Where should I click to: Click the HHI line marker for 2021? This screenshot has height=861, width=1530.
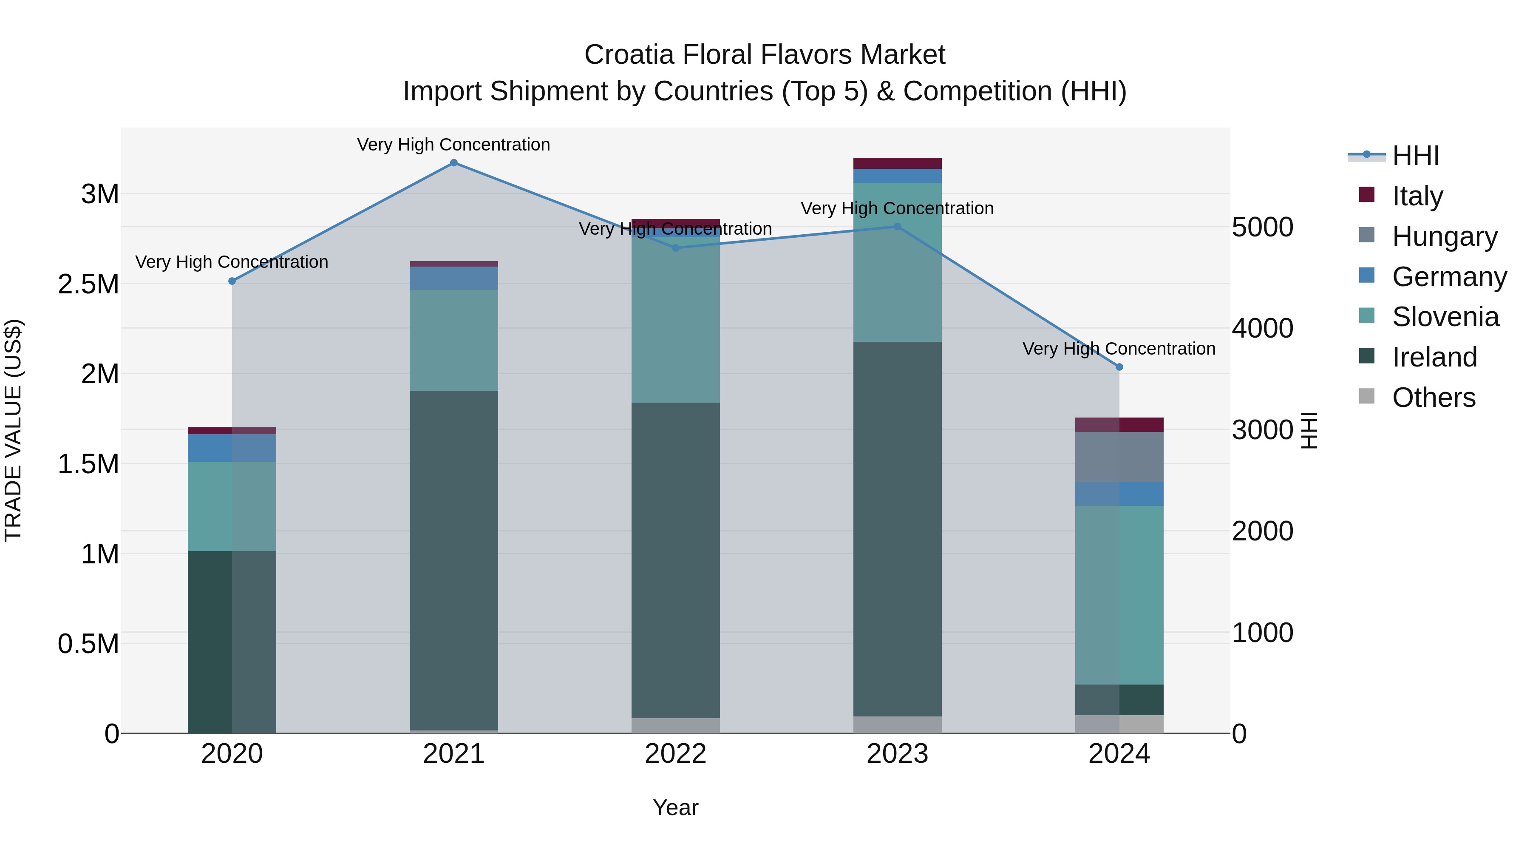454,163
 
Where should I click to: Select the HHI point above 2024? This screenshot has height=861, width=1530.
1119,367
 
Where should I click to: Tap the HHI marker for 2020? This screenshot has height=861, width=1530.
232,281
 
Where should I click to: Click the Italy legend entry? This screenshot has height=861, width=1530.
1417,196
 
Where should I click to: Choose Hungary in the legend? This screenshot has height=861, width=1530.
1445,236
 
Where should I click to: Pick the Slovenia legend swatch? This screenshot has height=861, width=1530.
1367,315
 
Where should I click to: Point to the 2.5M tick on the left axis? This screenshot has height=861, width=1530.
88,284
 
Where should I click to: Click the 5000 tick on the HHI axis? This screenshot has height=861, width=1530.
1262,227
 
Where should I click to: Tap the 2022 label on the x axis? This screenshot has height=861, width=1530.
675,753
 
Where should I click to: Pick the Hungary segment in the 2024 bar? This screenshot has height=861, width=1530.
1119,457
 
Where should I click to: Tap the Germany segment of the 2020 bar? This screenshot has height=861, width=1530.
232,448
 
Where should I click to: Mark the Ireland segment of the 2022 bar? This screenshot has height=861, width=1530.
675,560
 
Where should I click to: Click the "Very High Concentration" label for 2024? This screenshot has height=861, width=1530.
1119,349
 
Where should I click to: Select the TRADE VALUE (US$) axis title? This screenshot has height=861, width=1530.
13,430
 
